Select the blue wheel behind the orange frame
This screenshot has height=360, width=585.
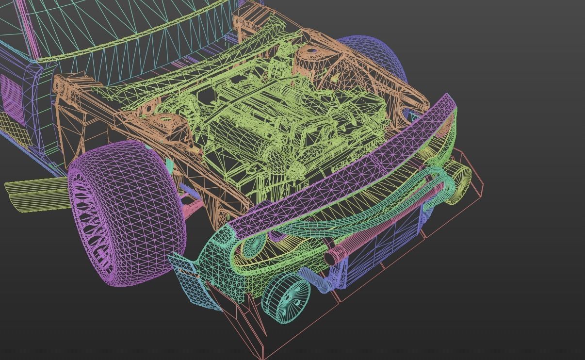383,58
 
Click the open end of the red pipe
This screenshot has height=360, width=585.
331,257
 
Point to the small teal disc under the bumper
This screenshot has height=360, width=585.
251,245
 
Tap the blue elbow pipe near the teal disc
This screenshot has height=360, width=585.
320,281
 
